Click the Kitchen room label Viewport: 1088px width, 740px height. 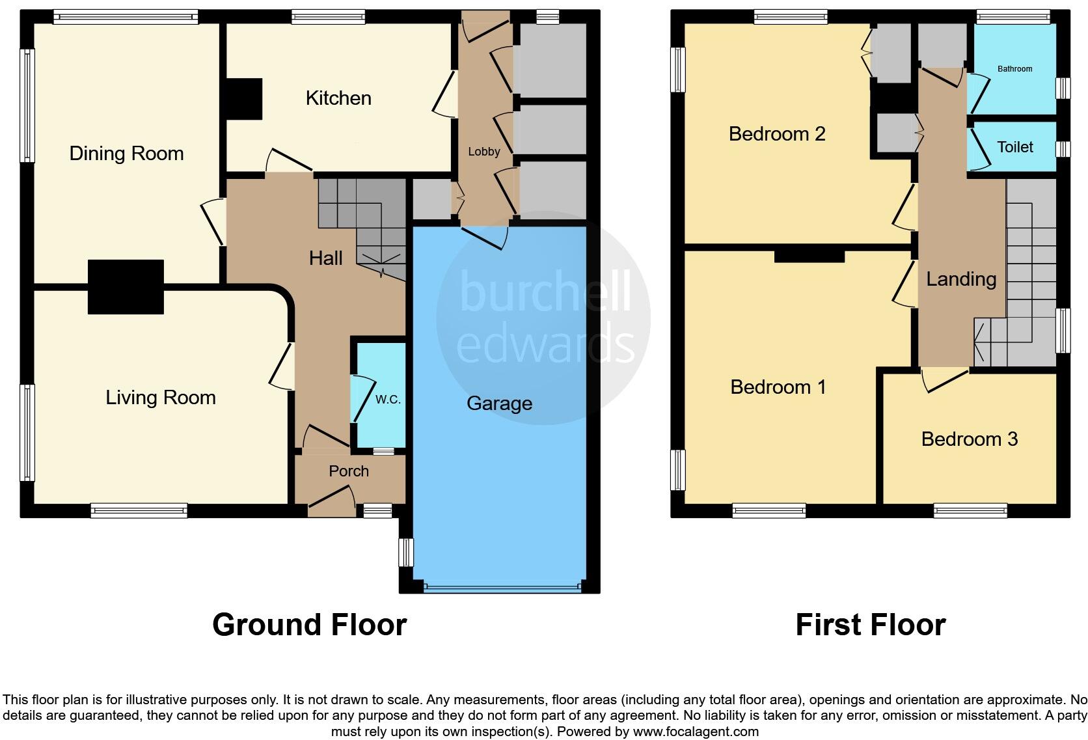click(338, 98)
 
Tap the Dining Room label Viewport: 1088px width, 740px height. click(126, 154)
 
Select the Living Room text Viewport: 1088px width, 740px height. click(160, 398)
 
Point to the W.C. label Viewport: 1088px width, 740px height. click(388, 400)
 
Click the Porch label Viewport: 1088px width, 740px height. click(348, 471)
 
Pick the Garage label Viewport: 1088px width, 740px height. click(499, 404)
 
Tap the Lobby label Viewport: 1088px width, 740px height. click(483, 152)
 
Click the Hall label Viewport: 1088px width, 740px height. click(325, 258)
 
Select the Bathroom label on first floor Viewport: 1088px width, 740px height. click(1014, 69)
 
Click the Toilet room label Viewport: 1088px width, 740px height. click(1014, 147)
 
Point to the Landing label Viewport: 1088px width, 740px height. click(961, 279)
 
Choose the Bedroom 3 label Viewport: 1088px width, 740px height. click(969, 439)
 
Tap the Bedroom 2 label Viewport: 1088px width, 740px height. click(776, 134)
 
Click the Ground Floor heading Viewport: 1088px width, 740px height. click(309, 625)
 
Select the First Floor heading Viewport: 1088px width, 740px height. click(870, 625)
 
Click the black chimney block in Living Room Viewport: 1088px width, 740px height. click(126, 287)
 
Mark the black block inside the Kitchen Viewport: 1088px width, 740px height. click(243, 99)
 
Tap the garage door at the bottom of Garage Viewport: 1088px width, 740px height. click(501, 588)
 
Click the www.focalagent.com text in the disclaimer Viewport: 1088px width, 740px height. click(696, 732)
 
